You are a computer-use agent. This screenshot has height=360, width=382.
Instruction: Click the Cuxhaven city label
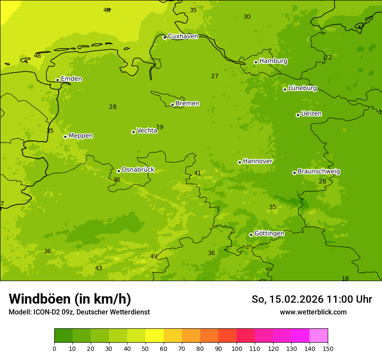pos(183,36)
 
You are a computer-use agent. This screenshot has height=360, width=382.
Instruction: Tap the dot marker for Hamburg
pos(256,62)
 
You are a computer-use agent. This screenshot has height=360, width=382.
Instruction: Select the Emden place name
pos(71,79)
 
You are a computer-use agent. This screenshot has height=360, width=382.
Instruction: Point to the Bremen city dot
pos(172,105)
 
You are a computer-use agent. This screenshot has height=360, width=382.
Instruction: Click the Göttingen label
pos(269,234)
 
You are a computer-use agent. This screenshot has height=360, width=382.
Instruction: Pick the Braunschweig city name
pos(319,172)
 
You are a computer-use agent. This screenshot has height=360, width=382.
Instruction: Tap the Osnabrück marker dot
pos(119,171)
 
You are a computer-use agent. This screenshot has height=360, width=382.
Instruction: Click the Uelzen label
pos(311,114)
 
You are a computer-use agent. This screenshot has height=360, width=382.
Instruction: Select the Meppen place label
pos(81,136)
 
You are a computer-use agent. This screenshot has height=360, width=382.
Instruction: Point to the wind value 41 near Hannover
pos(198,173)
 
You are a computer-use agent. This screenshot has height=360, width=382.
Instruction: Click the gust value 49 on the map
pos(154,256)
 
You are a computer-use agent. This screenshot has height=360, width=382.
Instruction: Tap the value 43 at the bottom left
pos(99,268)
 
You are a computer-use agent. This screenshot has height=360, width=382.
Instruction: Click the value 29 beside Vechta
pos(160,127)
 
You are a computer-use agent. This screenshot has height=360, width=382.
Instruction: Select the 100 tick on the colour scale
pos(237,348)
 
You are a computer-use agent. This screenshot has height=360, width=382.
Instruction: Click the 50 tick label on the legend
pos(145,348)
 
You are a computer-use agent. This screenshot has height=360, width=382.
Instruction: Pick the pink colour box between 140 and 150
pos(319,336)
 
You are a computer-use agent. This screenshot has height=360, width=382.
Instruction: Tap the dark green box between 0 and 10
pos(63,336)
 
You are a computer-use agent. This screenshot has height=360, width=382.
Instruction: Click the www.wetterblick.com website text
pos(313,312)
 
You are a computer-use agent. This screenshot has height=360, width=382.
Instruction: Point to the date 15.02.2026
pos(297,299)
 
